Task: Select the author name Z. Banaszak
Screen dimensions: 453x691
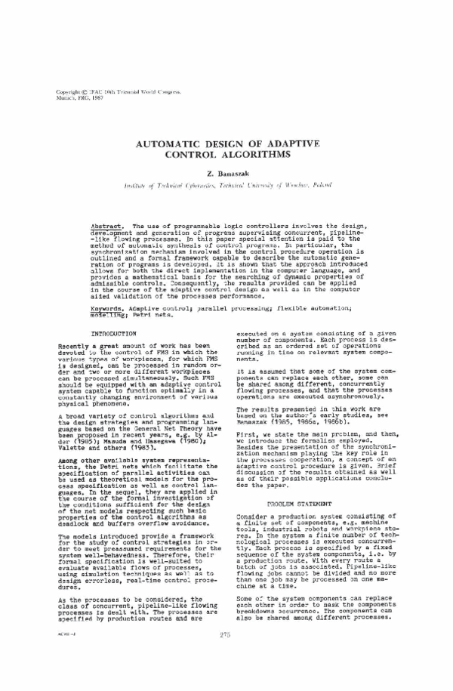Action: (x=226, y=173)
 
